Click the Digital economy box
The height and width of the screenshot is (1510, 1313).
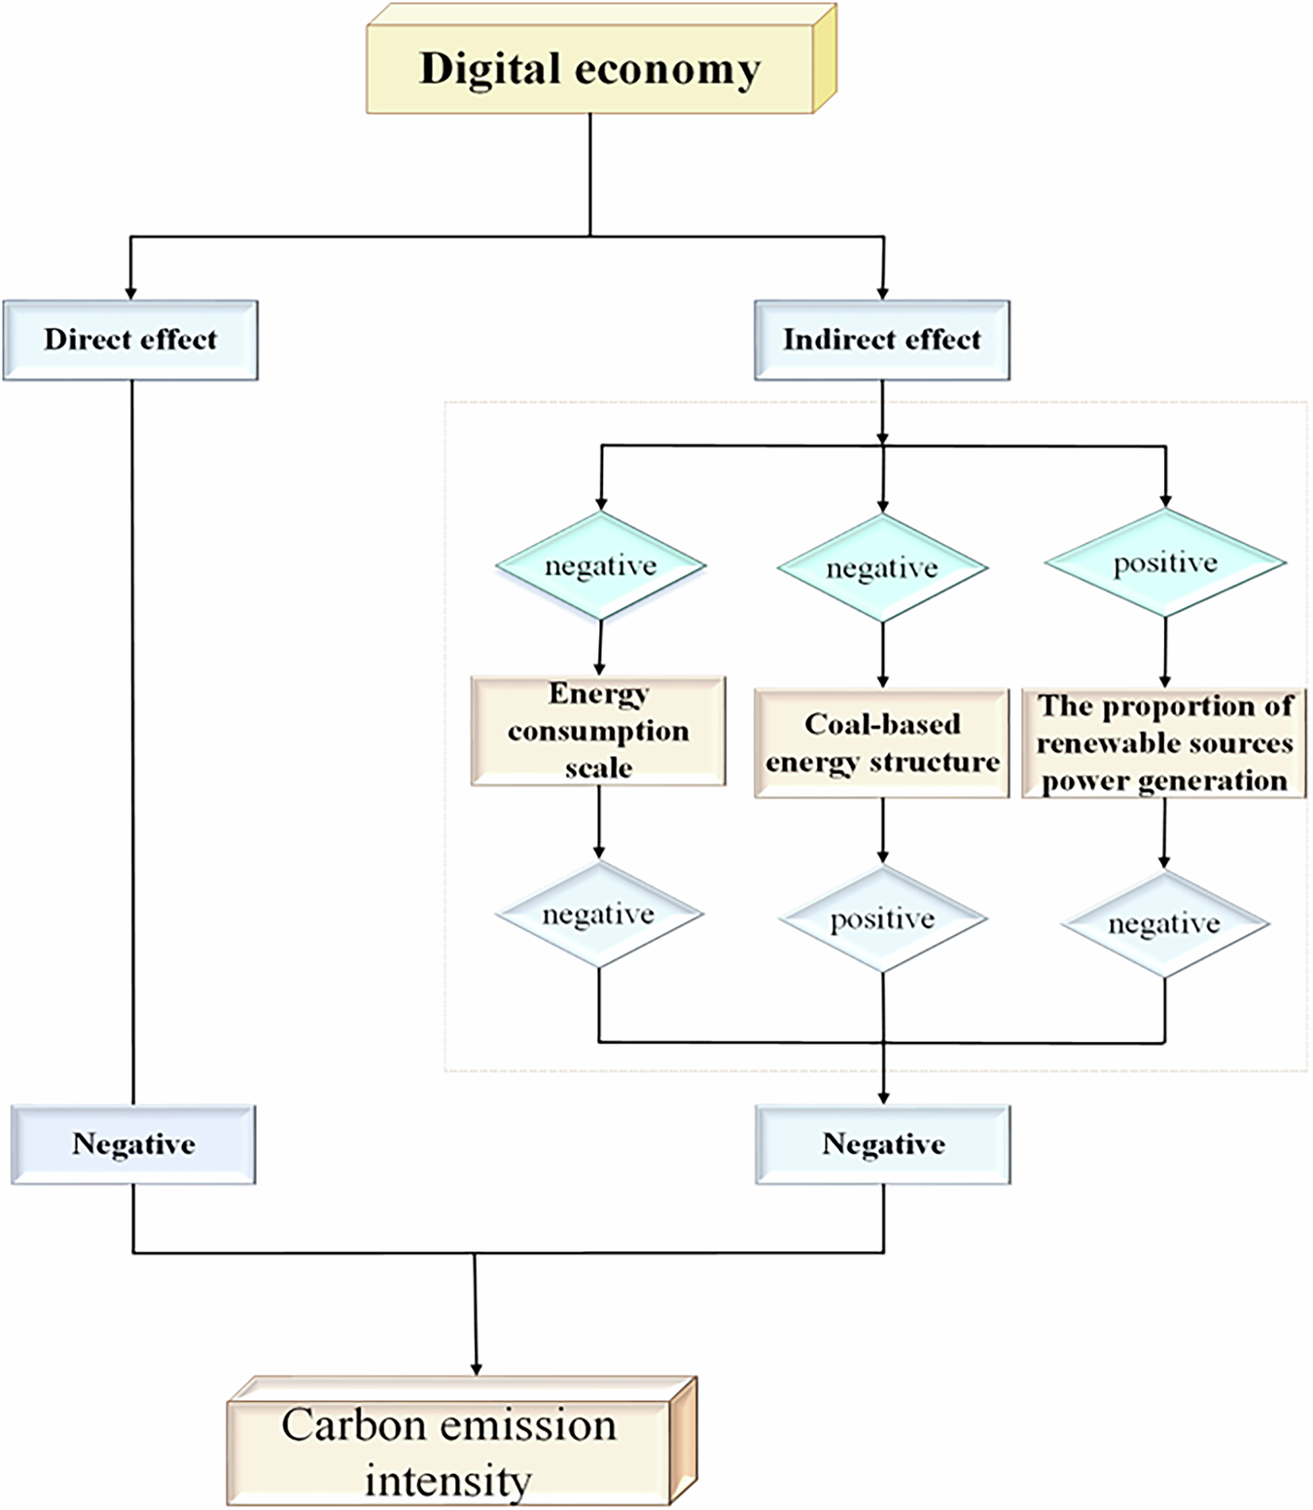pos(590,69)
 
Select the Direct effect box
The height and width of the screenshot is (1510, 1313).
pos(130,340)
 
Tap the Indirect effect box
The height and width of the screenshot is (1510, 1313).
pos(882,340)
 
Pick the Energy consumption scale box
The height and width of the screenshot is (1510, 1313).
pos(598,731)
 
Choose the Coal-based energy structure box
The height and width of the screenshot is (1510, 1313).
pos(882,743)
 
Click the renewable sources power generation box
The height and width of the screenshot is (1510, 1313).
pos(1164,743)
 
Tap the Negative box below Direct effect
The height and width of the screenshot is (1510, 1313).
pos(133,1144)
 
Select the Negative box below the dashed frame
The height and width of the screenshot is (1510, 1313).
pos(883,1144)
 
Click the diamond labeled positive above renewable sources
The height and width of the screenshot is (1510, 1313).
pos(1165,563)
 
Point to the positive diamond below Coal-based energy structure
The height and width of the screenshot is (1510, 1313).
pos(882,919)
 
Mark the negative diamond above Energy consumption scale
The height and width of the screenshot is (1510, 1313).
pos(600,566)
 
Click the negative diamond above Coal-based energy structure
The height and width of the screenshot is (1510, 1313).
pos(882,568)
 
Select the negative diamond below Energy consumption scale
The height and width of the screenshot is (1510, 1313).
pos(598,915)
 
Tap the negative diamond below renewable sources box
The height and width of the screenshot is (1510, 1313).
pos(1164,923)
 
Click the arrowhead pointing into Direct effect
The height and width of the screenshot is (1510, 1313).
pos(130,293)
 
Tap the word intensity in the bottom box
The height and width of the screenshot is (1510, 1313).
pos(448,1481)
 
